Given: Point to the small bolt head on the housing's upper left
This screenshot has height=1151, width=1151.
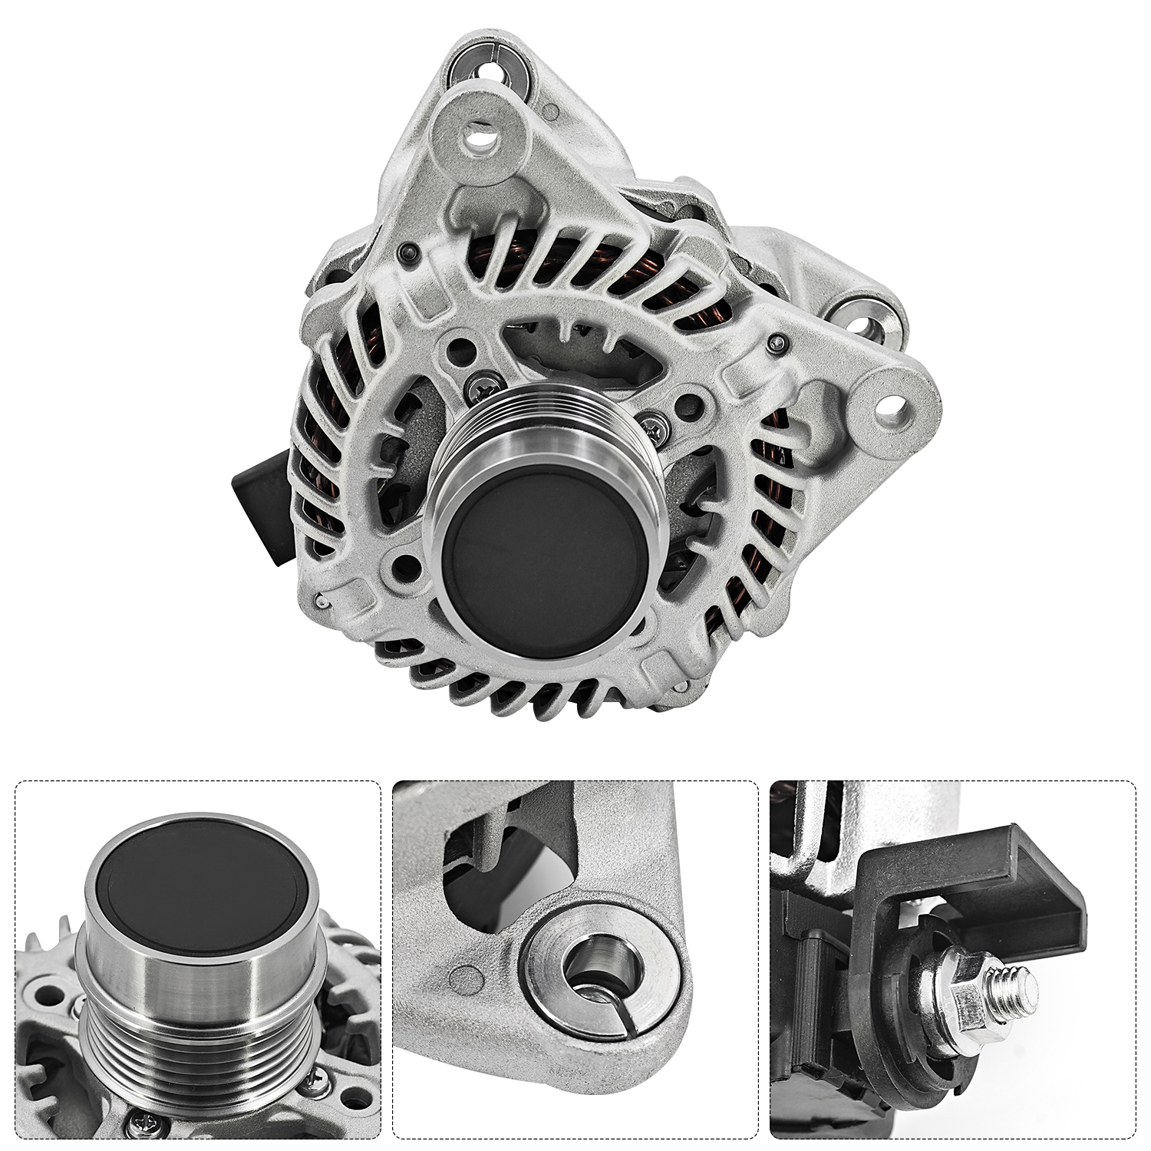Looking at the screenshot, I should (407, 253).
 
